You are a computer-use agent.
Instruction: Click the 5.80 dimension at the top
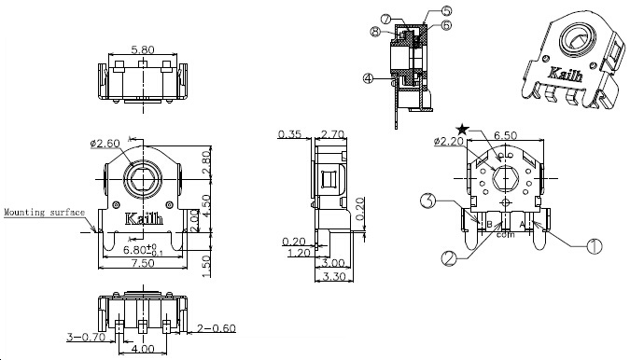[143, 49]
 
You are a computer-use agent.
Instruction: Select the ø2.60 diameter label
[105, 143]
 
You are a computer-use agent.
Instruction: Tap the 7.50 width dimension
[144, 263]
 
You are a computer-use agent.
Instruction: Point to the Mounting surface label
[45, 213]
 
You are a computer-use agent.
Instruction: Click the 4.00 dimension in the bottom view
[144, 349]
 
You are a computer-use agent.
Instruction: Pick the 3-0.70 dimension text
[86, 337]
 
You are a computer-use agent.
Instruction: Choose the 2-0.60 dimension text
[217, 328]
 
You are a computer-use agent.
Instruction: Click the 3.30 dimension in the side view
[333, 276]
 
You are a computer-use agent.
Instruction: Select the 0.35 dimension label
[289, 133]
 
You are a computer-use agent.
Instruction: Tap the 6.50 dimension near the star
[505, 135]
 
